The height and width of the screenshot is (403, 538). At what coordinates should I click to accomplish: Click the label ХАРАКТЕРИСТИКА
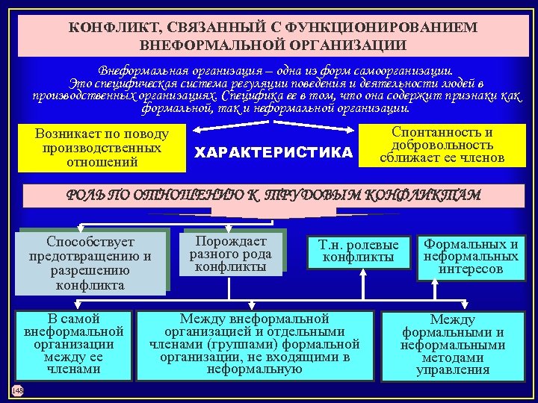tap(273, 153)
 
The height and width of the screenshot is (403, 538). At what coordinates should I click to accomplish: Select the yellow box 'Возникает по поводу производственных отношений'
tap(102, 148)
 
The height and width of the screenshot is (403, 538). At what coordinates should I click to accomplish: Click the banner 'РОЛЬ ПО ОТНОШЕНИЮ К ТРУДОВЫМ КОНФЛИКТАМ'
tap(273, 195)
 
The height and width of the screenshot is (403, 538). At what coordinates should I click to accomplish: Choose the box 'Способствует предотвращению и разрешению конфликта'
tap(90, 263)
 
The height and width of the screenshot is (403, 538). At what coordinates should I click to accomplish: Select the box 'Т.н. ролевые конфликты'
tap(359, 252)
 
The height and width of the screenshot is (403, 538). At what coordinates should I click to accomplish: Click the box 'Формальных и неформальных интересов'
tap(471, 256)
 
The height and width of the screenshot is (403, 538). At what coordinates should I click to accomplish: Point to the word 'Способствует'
tap(90, 243)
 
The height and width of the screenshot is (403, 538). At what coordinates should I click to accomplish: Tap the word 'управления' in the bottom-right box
tap(453, 369)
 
